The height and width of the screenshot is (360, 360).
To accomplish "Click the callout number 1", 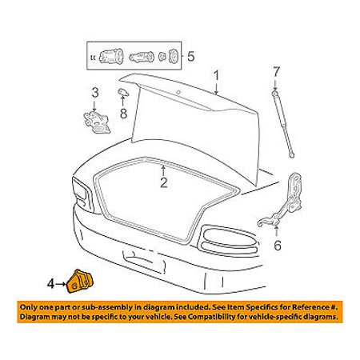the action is [216, 76].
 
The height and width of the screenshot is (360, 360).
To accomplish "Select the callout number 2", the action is [163, 182].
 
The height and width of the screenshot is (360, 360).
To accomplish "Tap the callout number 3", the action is [95, 93].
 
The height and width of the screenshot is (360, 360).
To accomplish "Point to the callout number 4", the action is [50, 284].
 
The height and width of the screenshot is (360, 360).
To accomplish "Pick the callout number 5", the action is [191, 57].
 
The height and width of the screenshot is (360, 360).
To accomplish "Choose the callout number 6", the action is [278, 246].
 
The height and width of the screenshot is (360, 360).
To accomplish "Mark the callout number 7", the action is [276, 72].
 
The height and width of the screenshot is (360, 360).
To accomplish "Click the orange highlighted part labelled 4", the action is [79, 282].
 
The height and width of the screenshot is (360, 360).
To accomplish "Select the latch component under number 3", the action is [96, 122].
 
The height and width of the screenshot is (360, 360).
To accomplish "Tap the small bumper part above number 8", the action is [123, 92].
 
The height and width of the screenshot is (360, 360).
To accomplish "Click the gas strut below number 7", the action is [282, 124].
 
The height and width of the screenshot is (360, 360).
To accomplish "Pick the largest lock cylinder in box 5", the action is [111, 57].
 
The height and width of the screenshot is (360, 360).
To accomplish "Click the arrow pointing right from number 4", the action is [61, 284].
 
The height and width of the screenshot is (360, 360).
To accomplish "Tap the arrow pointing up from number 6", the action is [277, 231].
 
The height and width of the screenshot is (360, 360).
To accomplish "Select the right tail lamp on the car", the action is [228, 241].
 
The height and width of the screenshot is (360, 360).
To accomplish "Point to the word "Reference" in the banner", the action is [310, 307].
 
